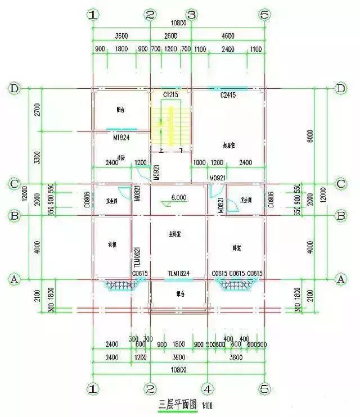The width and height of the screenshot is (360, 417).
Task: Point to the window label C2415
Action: tap(227, 96)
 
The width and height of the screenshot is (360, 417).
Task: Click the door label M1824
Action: tap(121, 137)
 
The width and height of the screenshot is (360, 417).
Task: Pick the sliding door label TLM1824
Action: tap(179, 274)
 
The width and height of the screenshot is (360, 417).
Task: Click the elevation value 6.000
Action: tap(179, 198)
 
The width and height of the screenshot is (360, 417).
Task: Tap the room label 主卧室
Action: tap(177, 233)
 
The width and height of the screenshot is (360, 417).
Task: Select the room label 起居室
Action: tap(228, 145)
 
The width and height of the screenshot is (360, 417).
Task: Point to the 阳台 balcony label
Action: tap(120, 110)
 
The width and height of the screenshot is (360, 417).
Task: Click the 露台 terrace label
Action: tap(178, 293)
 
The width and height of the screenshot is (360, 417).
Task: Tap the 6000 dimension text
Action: tap(326, 135)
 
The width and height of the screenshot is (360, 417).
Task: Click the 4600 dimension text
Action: tap(227, 35)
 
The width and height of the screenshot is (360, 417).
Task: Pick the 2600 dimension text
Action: tap(170, 35)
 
